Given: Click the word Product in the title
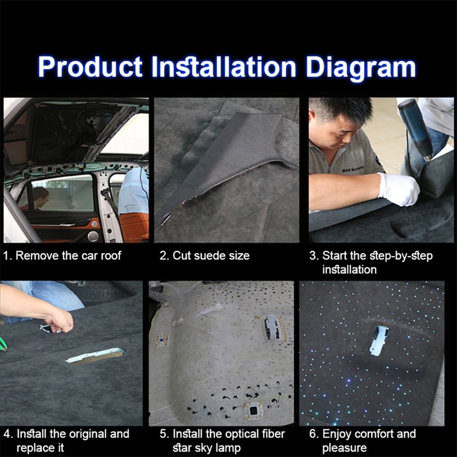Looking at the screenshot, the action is coord(90,67).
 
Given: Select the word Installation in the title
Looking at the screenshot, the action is coord(224,67).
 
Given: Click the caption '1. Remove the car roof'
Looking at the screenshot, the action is coord(62,255).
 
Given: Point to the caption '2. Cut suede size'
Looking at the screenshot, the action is coord(205,255).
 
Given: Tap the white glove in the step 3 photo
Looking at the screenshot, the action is coord(399,189).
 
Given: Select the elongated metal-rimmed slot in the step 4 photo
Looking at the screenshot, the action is coord(96,355).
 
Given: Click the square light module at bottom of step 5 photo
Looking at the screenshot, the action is coord(253,410).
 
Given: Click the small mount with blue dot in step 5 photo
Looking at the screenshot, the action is coord(161,341).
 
